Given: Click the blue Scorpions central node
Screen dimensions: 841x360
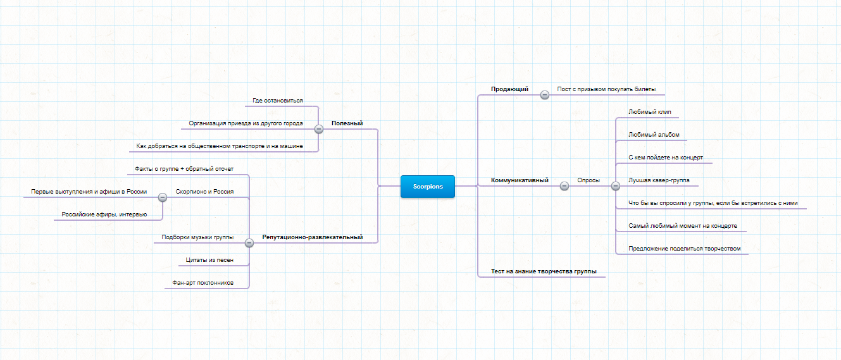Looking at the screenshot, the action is tap(428, 187).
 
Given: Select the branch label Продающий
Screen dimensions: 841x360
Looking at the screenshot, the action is tap(509, 89).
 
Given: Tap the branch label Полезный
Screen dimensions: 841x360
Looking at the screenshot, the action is tap(347, 123).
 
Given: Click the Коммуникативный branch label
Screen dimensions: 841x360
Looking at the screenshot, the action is tap(520, 180).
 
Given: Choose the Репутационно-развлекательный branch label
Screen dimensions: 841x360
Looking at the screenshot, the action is tap(313, 237).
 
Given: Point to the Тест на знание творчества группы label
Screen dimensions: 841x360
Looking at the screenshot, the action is tap(544, 271).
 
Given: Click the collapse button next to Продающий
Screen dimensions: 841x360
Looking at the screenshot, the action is tap(545, 95).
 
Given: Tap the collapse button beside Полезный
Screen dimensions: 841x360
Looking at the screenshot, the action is tap(319, 129).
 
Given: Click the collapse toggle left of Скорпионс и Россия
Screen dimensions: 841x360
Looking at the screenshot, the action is tap(163, 197).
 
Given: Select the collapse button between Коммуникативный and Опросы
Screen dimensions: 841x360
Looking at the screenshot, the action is tap(564, 186).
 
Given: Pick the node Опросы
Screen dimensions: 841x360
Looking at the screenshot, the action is tap(589, 180).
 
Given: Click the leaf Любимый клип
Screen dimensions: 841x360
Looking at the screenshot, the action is tap(649, 112).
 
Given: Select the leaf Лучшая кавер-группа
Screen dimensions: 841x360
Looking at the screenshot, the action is tap(659, 180).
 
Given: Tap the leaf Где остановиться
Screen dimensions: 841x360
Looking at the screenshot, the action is tap(277, 101).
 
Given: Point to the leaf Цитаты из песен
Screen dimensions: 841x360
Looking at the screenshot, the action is tap(209, 260).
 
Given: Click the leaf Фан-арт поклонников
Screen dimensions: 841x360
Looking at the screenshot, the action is tap(202, 283).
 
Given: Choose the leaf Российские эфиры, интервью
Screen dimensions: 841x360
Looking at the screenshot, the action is tap(104, 214).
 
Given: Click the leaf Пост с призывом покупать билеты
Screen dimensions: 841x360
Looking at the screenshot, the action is tap(606, 89).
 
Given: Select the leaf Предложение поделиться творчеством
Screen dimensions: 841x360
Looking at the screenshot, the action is tap(685, 249).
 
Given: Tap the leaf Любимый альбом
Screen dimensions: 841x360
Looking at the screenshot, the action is tap(654, 135).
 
